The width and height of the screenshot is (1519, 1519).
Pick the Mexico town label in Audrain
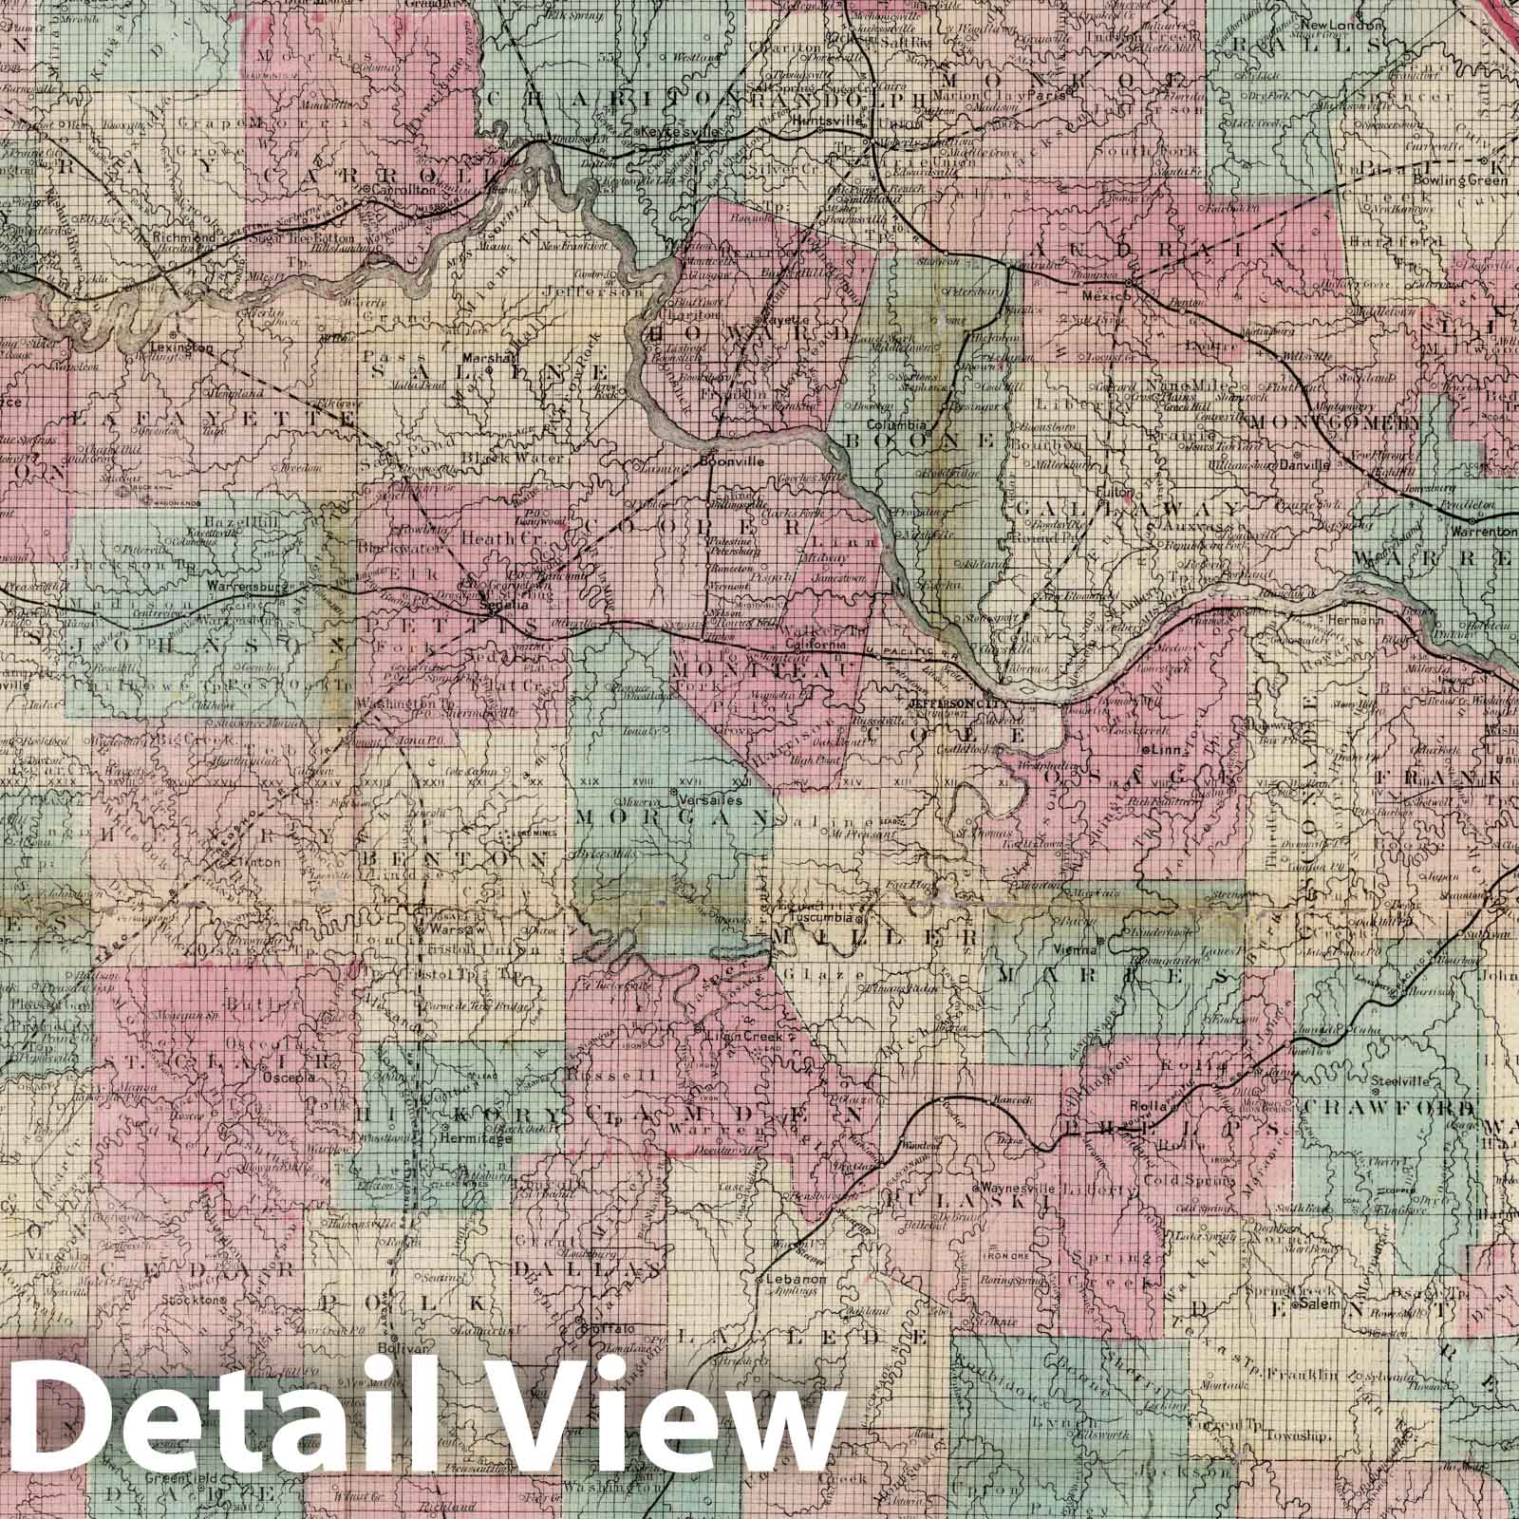click(x=1106, y=296)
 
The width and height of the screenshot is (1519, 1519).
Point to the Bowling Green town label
click(x=1453, y=179)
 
